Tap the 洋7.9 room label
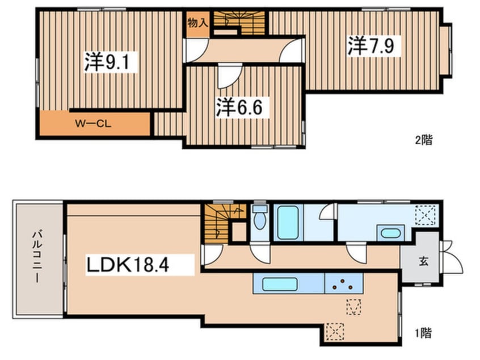pyautogui.click(x=370, y=46)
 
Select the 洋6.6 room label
pyautogui.click(x=239, y=107)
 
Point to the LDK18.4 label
pyautogui.click(x=128, y=265)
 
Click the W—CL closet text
pyautogui.click(x=94, y=124)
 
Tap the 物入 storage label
pyautogui.click(x=198, y=23)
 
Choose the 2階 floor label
pyautogui.click(x=424, y=140)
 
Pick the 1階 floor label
pyautogui.click(x=423, y=333)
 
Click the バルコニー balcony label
pyautogui.click(x=37, y=257)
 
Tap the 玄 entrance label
pyautogui.click(x=423, y=261)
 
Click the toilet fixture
pyautogui.click(x=260, y=217)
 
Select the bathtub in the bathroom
pyautogui.click(x=288, y=223)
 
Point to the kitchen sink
pyautogui.click(x=280, y=284)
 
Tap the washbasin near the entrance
pyautogui.click(x=390, y=233)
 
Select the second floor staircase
pyautogui.click(x=239, y=23)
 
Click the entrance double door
pyautogui.click(x=450, y=257)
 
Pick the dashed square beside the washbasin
pyautogui.click(x=425, y=215)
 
